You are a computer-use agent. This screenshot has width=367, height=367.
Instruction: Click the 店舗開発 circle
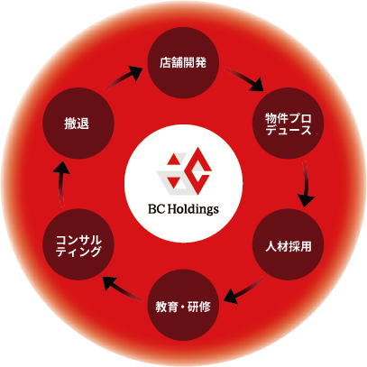click(x=183, y=63)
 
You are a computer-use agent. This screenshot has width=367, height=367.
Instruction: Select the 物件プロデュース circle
click(x=288, y=124)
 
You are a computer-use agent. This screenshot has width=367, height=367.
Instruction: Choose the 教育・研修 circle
click(x=183, y=305)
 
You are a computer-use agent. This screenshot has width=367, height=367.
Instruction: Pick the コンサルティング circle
click(x=78, y=244)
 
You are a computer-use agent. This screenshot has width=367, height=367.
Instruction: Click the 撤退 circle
click(x=78, y=124)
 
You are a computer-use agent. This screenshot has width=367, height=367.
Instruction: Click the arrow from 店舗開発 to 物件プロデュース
click(x=244, y=79)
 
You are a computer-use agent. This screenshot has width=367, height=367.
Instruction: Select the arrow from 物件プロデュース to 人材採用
click(x=306, y=184)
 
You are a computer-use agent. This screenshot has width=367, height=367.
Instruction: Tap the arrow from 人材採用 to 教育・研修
click(x=243, y=290)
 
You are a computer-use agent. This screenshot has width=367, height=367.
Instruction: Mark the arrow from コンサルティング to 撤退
click(x=61, y=184)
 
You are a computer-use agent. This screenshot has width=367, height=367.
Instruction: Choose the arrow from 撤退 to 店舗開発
click(x=123, y=78)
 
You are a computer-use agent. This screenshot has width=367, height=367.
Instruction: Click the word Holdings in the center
click(x=193, y=209)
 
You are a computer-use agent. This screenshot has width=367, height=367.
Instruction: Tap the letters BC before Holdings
click(x=156, y=209)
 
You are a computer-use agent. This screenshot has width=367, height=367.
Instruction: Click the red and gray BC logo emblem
click(x=184, y=170)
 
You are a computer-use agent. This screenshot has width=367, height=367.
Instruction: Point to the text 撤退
click(x=77, y=124)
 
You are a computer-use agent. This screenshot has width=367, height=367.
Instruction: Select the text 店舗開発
click(x=183, y=63)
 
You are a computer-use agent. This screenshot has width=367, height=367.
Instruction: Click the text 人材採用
click(x=289, y=246)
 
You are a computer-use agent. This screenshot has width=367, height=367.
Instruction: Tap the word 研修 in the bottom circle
click(x=199, y=307)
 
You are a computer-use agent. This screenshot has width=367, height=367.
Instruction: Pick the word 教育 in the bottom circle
click(x=167, y=307)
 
